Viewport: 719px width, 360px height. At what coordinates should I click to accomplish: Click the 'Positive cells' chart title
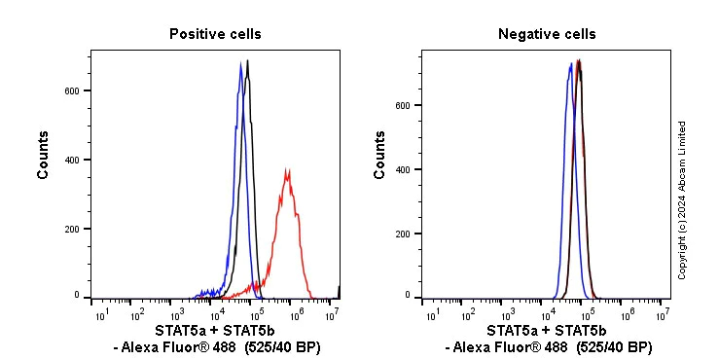[x=215, y=34]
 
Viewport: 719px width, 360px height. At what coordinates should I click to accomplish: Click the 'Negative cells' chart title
[x=547, y=34]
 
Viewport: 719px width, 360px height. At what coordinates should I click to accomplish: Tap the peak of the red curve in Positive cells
[x=287, y=170]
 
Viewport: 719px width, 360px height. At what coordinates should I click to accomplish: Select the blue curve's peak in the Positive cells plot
[x=240, y=65]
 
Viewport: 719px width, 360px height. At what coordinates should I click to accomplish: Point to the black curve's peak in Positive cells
[x=248, y=61]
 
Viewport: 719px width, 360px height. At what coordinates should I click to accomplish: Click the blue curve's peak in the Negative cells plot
[x=570, y=64]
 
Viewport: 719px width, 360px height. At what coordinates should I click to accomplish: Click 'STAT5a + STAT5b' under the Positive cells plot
[x=215, y=331]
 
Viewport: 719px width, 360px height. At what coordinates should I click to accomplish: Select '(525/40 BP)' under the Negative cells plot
[x=614, y=347]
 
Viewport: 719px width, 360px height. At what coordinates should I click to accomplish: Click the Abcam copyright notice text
[x=682, y=199]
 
